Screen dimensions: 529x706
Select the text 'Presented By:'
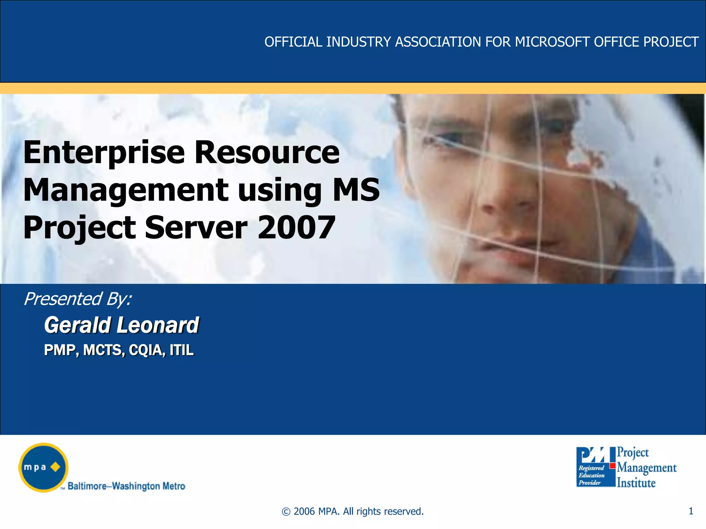pyautogui.click(x=78, y=299)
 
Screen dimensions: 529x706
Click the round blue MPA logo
pyautogui.click(x=43, y=467)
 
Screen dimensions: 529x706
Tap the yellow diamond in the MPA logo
pyautogui.click(x=55, y=467)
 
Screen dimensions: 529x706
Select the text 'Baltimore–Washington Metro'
pyautogui.click(x=126, y=486)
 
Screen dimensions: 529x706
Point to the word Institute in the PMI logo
pyautogui.click(x=636, y=483)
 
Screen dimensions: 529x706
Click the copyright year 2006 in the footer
pyautogui.click(x=304, y=511)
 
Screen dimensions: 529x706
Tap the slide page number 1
pyautogui.click(x=690, y=511)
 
